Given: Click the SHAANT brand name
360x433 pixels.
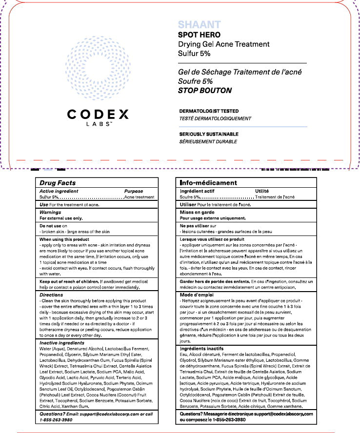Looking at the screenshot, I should tap(199, 25).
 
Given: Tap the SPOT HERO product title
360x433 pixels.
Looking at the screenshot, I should tap(199, 35).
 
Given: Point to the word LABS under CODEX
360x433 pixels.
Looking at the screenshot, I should tap(98, 125).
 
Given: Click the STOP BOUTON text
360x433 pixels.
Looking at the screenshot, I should tap(204, 91).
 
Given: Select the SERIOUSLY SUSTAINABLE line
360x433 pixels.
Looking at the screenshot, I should tap(209, 134).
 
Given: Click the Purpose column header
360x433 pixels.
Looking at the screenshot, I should tap(134, 192).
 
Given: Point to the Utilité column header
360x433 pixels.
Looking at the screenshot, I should tap(262, 191).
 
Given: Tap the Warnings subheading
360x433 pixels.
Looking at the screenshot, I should tap(50, 213).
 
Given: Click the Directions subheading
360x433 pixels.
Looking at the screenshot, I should tap(51, 295).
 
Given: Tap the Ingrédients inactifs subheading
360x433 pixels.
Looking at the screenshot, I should tap(202, 349).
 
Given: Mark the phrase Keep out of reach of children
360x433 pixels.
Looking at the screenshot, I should tap(69, 282).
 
